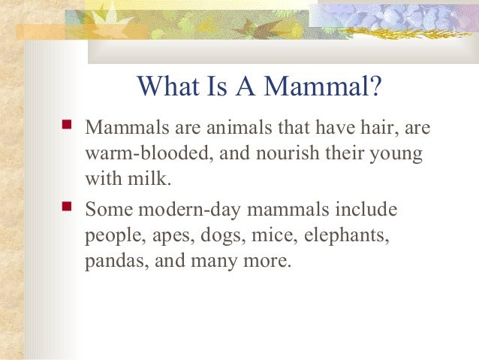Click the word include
[x=368, y=208]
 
